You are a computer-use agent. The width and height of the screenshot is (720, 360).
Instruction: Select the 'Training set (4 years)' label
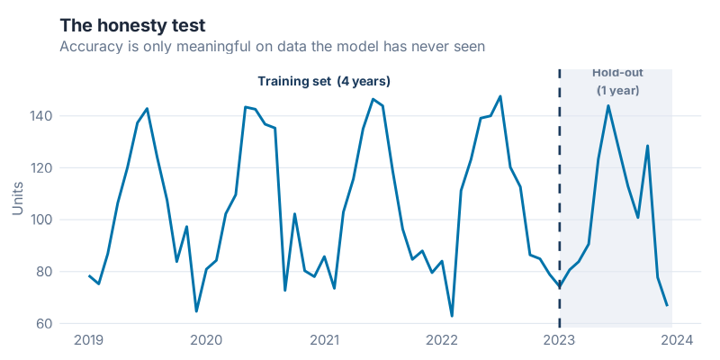324,81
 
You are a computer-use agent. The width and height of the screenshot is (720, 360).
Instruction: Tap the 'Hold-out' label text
617,73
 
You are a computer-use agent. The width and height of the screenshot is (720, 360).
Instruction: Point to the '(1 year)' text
617,90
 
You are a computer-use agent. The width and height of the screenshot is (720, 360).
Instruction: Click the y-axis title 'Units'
18,196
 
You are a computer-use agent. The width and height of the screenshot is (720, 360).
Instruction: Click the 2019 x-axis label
89,340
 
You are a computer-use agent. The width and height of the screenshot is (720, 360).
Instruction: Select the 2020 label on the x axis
206,340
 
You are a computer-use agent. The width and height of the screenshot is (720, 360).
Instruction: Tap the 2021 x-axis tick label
324,340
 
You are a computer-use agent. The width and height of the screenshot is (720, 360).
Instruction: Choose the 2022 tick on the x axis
442,340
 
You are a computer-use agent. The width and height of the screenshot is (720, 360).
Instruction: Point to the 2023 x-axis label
560,340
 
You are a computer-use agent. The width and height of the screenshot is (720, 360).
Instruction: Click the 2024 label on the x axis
677,340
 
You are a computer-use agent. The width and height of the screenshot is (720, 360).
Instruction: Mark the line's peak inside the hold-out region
608,106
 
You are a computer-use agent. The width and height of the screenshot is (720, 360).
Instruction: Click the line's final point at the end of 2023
667,305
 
